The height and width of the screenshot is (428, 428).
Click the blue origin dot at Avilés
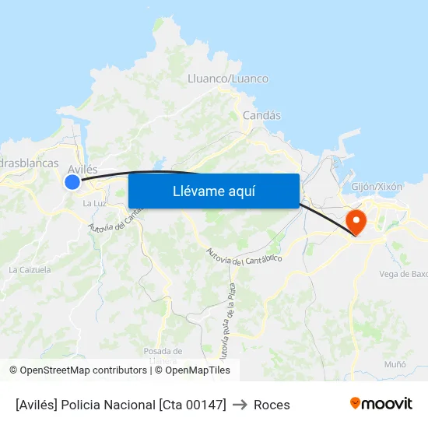click(x=72, y=182)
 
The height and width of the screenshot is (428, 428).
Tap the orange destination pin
click(x=356, y=221)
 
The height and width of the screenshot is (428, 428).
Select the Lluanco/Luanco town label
click(x=228, y=79)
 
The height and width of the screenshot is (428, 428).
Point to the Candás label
click(x=261, y=115)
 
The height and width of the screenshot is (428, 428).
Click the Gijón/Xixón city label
click(x=377, y=187)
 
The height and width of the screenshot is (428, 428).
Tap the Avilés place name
click(x=82, y=169)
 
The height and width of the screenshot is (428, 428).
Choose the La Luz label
click(x=94, y=203)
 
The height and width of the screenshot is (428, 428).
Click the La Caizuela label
click(x=30, y=270)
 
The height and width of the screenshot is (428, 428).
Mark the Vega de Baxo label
click(x=403, y=274)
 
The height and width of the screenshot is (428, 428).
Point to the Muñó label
click(x=395, y=364)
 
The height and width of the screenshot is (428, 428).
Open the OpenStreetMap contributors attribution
click(x=83, y=370)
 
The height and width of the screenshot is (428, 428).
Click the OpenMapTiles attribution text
click(x=198, y=370)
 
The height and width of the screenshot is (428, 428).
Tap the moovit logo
click(x=381, y=403)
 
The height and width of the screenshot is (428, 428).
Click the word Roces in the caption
click(x=272, y=405)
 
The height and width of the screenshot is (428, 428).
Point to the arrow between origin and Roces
click(x=240, y=405)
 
